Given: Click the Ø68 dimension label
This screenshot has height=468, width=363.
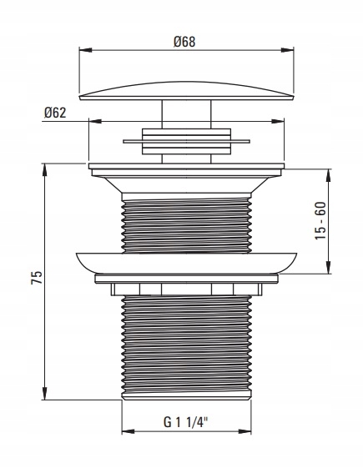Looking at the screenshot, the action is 184,42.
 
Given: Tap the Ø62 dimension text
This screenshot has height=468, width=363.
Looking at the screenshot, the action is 55,113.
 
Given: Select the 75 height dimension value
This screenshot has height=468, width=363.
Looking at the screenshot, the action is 37,278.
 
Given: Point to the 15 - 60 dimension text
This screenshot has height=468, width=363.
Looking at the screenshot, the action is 321,220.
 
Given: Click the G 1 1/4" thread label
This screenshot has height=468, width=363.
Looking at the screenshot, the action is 185,422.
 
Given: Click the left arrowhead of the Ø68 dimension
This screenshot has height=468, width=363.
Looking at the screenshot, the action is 85,50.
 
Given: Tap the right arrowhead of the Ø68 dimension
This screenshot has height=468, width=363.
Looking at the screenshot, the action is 287,50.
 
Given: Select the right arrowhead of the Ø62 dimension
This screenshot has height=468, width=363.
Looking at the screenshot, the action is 278,121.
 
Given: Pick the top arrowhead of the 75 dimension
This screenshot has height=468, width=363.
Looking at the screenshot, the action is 44,169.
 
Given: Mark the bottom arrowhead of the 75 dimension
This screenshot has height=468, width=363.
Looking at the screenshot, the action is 44,394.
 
